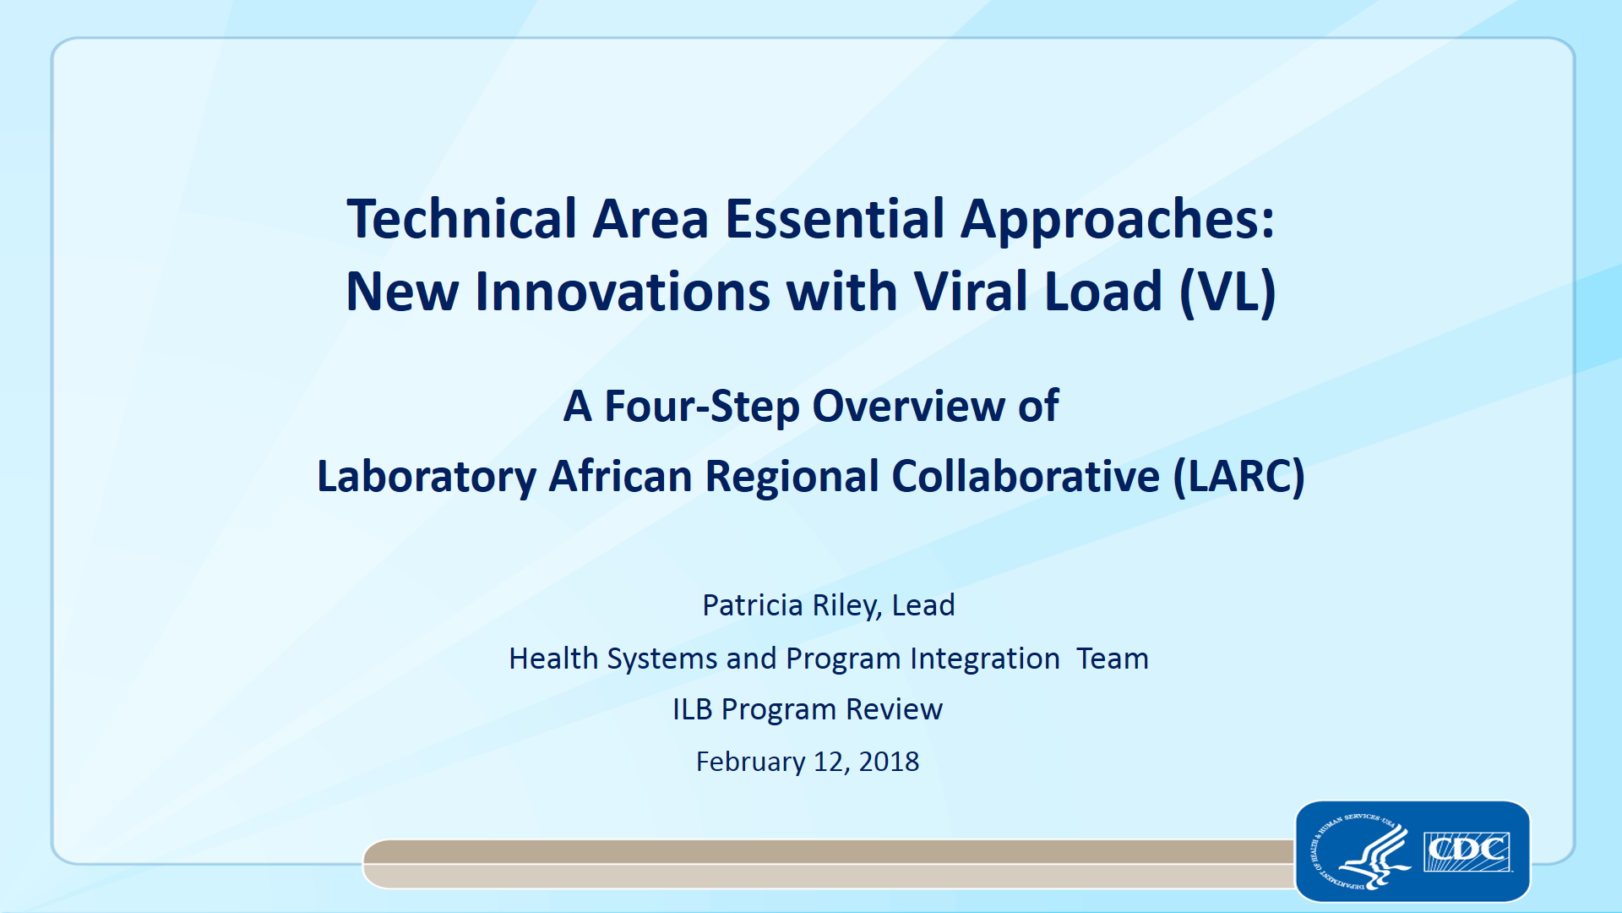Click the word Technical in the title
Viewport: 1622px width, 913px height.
pos(462,219)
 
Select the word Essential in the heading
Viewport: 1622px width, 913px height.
pos(835,219)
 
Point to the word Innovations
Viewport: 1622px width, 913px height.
pos(623,292)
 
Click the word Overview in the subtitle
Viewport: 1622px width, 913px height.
pos(908,406)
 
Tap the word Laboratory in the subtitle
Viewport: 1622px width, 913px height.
pos(427,478)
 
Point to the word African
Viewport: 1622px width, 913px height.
pos(621,476)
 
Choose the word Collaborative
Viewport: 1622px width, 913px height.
pos(1026,476)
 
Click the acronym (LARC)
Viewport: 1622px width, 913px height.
pos(1238,478)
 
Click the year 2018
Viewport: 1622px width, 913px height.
pos(889,762)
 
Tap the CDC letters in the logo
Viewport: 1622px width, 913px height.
pos(1467,851)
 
